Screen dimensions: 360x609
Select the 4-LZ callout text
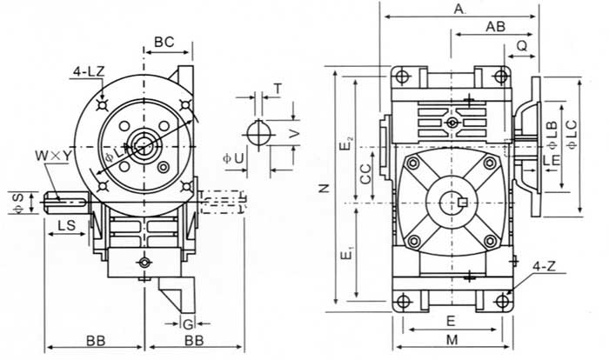click(x=90, y=76)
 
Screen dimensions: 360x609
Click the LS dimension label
click(x=64, y=224)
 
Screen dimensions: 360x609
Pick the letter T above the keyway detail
click(x=277, y=90)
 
